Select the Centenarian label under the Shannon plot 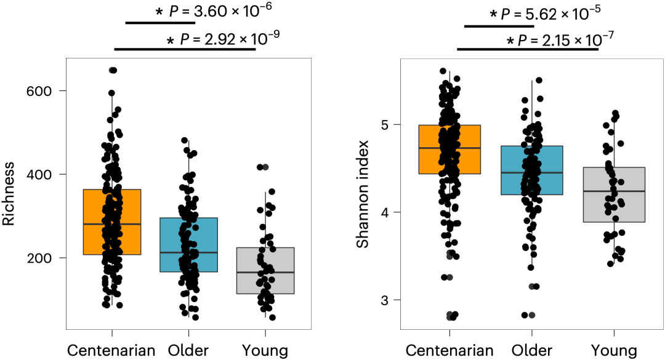pos(449,351)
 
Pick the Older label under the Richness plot pos(188,351)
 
